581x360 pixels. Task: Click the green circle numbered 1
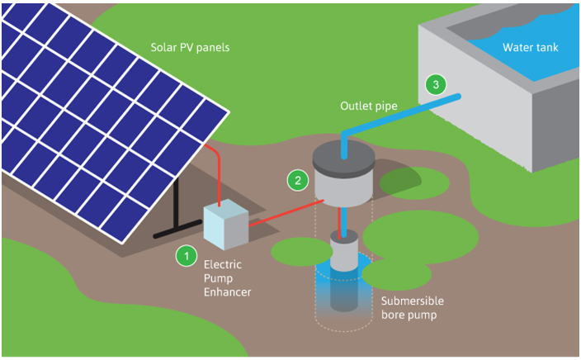pyautogui.click(x=187, y=256)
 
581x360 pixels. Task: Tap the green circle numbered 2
pyautogui.click(x=298, y=181)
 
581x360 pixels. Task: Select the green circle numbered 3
pyautogui.click(x=436, y=84)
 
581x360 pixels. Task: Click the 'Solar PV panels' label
pyautogui.click(x=190, y=47)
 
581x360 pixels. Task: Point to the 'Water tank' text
pyautogui.click(x=530, y=47)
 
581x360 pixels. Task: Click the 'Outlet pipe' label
pyautogui.click(x=369, y=106)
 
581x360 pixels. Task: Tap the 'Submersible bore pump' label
pyautogui.click(x=413, y=308)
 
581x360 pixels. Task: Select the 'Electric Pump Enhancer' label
pyautogui.click(x=227, y=278)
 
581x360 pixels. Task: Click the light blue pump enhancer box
pyautogui.click(x=226, y=225)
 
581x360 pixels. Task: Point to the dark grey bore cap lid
pyautogui.click(x=344, y=156)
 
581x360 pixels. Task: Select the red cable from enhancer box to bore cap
pyautogui.click(x=286, y=213)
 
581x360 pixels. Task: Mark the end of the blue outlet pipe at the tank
pyautogui.click(x=458, y=97)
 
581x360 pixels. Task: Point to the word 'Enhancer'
pyautogui.click(x=227, y=291)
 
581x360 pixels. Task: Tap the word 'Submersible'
pyautogui.click(x=413, y=301)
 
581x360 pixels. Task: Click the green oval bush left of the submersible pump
pyautogui.click(x=301, y=252)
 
